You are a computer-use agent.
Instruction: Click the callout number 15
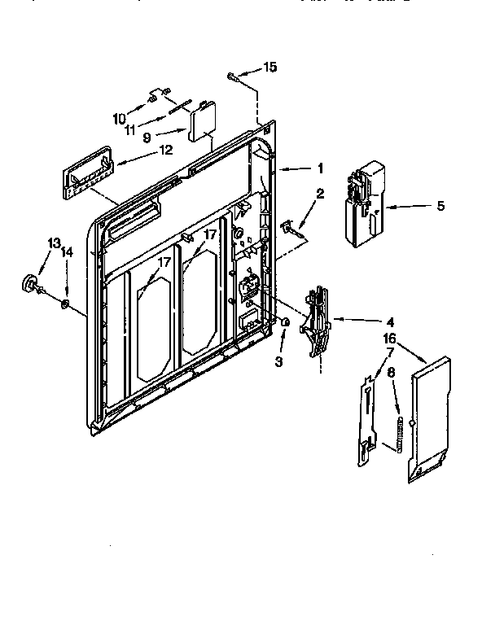pyautogui.click(x=269, y=67)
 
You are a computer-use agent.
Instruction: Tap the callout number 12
pyautogui.click(x=165, y=149)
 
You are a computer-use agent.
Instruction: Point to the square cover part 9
pyautogui.click(x=200, y=123)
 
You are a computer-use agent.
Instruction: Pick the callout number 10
pyautogui.click(x=120, y=117)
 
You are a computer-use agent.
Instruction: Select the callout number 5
pyautogui.click(x=440, y=206)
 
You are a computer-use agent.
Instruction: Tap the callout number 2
pyautogui.click(x=320, y=194)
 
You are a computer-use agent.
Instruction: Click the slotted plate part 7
pyautogui.click(x=370, y=417)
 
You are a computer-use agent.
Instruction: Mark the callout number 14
pyautogui.click(x=67, y=253)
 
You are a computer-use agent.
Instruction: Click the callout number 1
pyautogui.click(x=321, y=168)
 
